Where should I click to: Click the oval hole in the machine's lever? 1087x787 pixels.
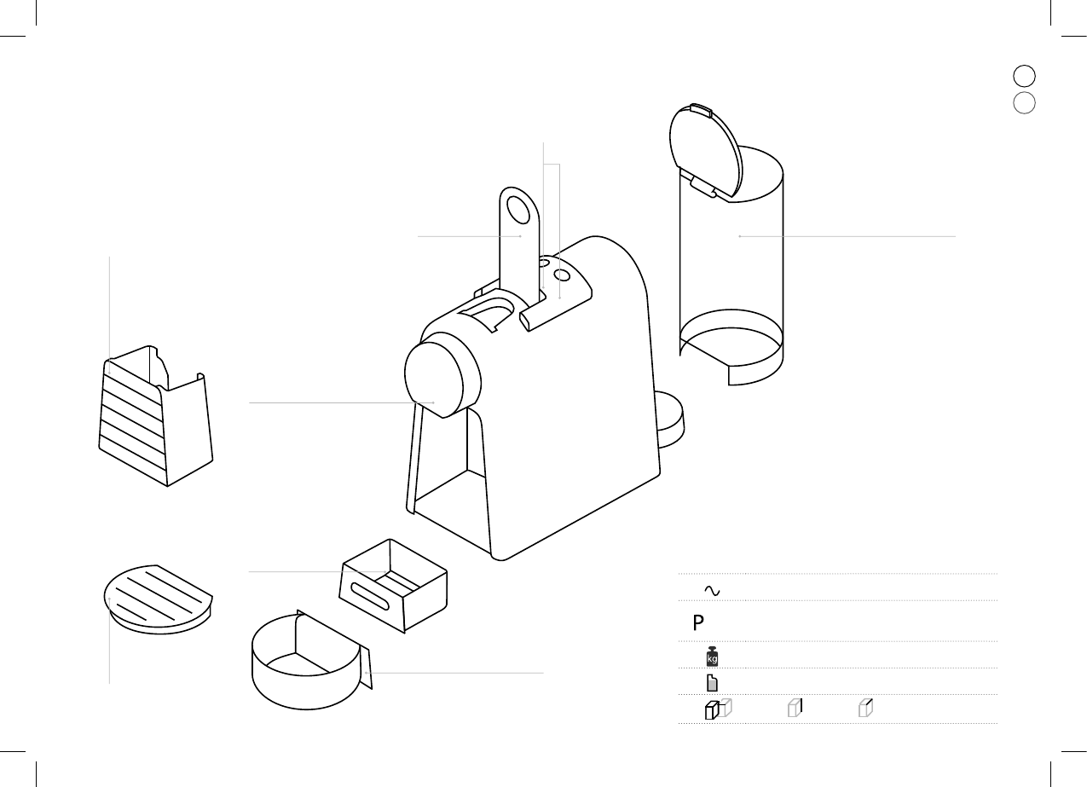(x=517, y=209)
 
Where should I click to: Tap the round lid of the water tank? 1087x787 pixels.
(x=704, y=152)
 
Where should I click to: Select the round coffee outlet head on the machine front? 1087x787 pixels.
(x=438, y=379)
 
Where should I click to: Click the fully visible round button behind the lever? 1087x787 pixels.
(x=562, y=275)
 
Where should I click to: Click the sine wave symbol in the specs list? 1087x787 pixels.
(x=711, y=590)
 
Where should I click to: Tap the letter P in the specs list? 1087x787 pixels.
(x=698, y=622)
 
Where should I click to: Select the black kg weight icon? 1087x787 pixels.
(x=712, y=657)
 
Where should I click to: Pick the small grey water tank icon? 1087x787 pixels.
(x=712, y=683)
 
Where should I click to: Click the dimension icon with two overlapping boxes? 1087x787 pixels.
(x=718, y=709)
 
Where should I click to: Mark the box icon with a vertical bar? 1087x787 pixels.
(x=795, y=707)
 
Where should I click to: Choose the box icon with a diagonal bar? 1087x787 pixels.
(x=866, y=707)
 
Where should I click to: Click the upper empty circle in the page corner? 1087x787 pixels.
(x=1024, y=75)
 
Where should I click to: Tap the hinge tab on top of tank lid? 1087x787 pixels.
(x=700, y=110)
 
